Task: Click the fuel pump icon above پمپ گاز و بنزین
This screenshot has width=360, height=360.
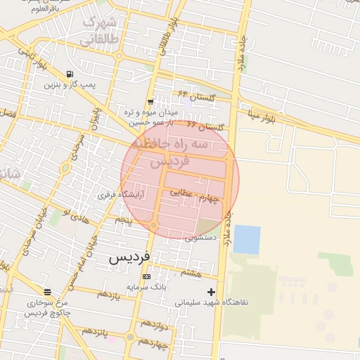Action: tap(70, 74)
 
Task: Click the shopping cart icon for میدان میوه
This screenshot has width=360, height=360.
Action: tap(150, 102)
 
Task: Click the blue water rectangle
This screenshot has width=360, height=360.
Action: tap(247, 239)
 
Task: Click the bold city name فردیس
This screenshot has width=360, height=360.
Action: tap(129, 257)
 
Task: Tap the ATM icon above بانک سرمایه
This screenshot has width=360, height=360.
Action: tap(146, 276)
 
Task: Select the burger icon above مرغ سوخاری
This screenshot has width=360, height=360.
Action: tap(47, 292)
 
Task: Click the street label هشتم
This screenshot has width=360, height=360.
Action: tap(191, 272)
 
